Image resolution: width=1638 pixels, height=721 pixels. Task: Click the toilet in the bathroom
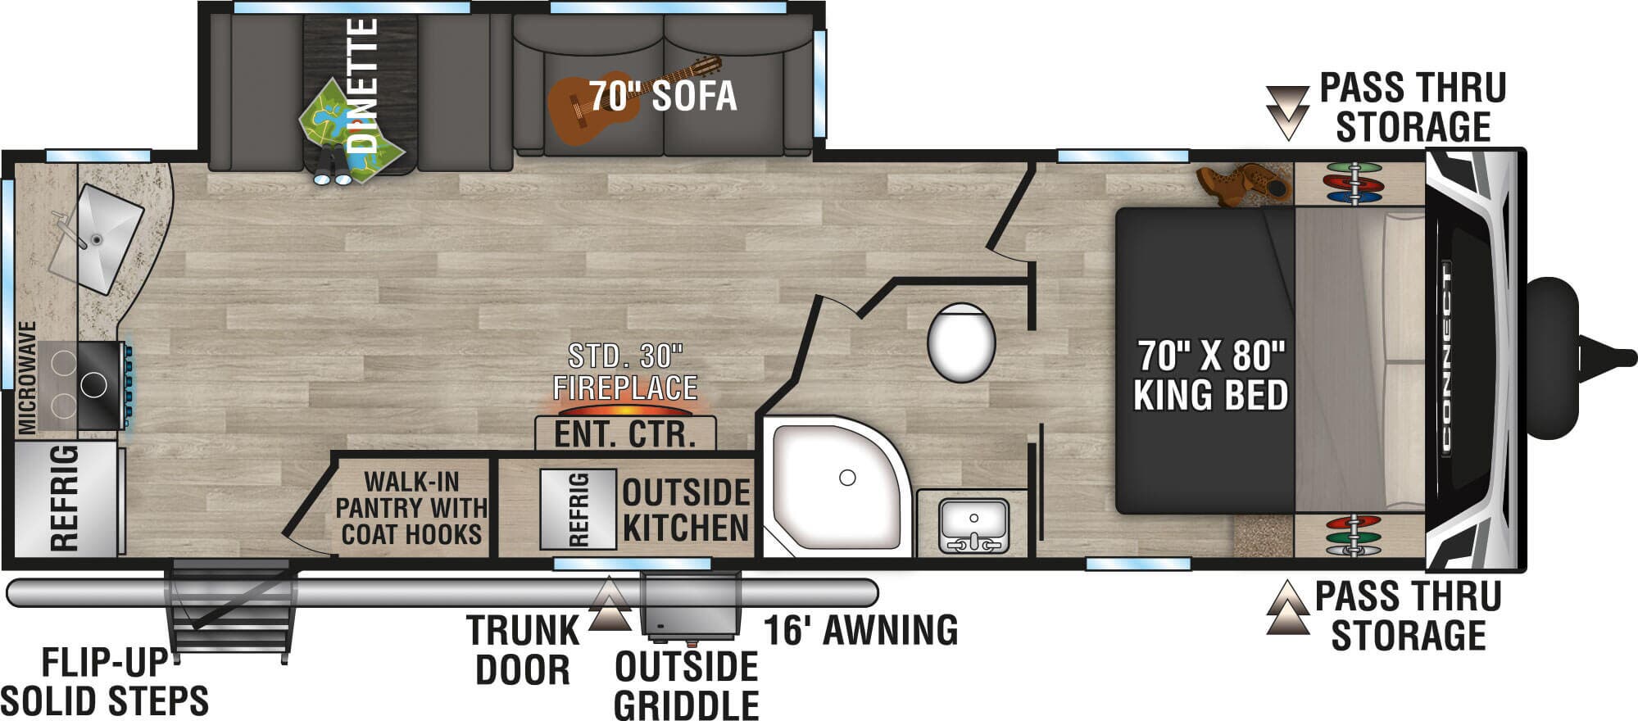click(x=961, y=342)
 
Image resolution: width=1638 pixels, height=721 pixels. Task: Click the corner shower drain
click(x=847, y=478)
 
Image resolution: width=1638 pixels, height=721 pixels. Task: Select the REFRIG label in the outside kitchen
click(x=579, y=509)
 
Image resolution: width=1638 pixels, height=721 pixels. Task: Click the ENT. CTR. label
click(x=625, y=434)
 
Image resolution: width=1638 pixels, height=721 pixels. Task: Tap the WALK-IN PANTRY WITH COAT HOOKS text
click(x=411, y=508)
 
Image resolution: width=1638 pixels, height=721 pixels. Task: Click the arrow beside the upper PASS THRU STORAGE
click(x=1287, y=112)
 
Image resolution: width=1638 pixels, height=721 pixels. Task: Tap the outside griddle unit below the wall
click(x=691, y=607)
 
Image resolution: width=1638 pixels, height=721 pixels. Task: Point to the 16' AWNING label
click(x=860, y=630)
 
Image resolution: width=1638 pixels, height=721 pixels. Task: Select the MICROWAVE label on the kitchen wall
click(x=27, y=378)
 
